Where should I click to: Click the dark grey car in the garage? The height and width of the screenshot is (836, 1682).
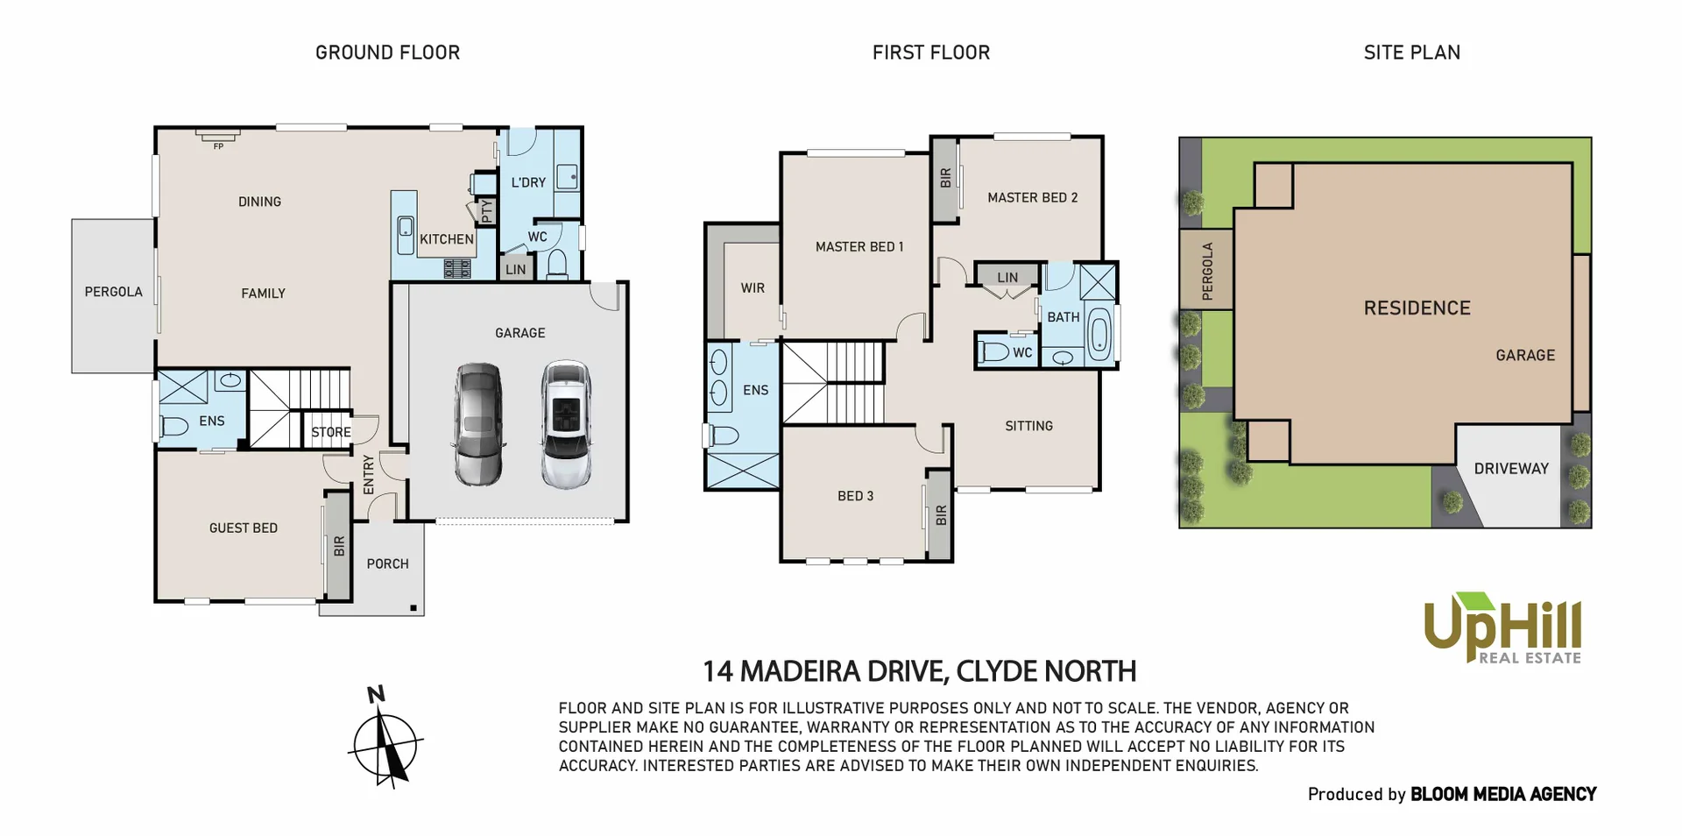click(479, 424)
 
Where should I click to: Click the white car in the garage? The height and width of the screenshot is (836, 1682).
click(566, 424)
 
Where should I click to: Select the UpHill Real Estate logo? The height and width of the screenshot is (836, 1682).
click(1502, 629)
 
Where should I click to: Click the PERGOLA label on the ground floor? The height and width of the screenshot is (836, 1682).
click(113, 292)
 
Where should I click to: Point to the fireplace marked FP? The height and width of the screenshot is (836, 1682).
click(218, 137)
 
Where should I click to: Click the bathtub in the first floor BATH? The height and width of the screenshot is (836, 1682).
click(1099, 333)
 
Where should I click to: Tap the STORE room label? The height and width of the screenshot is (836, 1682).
click(331, 432)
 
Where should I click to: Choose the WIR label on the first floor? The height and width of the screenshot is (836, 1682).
click(753, 288)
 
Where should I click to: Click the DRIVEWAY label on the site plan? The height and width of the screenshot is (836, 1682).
click(1511, 469)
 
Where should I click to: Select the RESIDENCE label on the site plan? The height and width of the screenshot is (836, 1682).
click(1417, 308)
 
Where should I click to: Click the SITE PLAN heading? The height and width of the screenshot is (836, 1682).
click(1411, 53)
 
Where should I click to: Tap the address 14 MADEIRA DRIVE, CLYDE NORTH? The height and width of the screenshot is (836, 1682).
click(919, 671)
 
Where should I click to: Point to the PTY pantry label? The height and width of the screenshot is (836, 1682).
click(487, 210)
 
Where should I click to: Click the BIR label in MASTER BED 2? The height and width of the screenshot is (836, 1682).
click(945, 179)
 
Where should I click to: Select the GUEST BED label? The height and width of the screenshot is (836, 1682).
click(243, 528)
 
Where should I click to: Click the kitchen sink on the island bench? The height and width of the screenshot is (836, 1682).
click(406, 228)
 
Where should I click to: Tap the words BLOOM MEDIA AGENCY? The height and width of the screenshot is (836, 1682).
click(1503, 794)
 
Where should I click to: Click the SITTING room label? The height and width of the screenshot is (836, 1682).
click(1028, 426)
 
